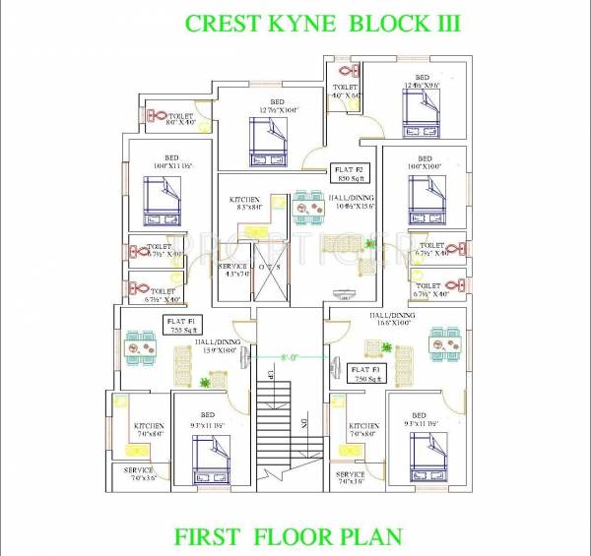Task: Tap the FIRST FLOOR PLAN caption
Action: (x=288, y=536)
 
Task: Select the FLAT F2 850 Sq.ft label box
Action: (x=351, y=174)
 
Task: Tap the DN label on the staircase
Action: (x=303, y=424)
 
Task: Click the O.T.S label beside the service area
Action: (x=268, y=267)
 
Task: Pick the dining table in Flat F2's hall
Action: (x=308, y=205)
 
